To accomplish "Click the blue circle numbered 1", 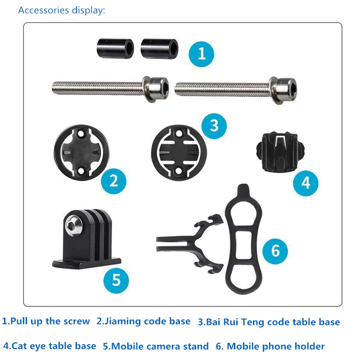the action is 201,54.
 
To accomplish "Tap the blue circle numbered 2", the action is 114,181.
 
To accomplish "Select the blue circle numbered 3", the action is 214,126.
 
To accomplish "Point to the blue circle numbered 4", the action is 306,183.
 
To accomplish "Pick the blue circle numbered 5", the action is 116,280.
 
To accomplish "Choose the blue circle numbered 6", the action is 275,251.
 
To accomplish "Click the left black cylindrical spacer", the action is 115,49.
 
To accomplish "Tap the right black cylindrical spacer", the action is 159,49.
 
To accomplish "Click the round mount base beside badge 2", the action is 81,153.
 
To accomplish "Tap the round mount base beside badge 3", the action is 179,153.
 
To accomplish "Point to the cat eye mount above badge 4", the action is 280,152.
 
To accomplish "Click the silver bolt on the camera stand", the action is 74,225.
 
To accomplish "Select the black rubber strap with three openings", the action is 243,239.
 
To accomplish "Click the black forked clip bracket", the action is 190,244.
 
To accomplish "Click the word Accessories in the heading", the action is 44,10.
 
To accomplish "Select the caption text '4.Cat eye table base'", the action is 49,346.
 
